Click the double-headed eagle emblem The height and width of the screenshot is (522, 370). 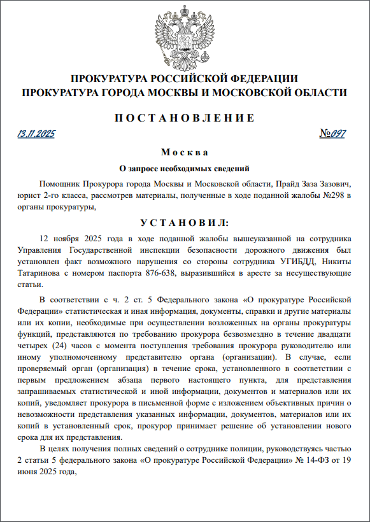pyautogui.click(x=185, y=35)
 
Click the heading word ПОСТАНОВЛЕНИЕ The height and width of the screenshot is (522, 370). pyautogui.click(x=185, y=118)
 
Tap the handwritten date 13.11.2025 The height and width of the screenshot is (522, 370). pyautogui.click(x=37, y=134)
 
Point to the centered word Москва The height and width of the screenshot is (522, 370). pyautogui.click(x=185, y=153)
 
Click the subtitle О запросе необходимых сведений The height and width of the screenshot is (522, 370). pyautogui.click(x=185, y=169)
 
